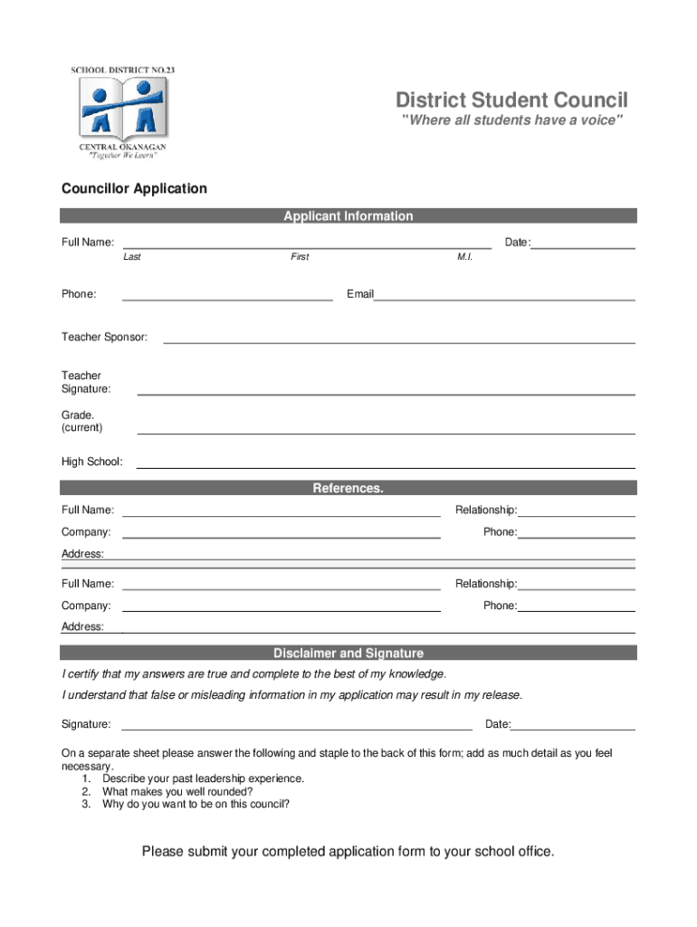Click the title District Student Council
click(511, 100)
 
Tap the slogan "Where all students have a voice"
click(512, 121)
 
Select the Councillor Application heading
click(134, 188)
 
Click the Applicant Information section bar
click(348, 215)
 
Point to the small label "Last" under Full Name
click(132, 257)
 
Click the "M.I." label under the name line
click(465, 257)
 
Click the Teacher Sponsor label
click(104, 337)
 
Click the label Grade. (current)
click(81, 421)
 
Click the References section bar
click(348, 488)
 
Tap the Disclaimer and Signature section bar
click(348, 653)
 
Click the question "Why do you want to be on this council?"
click(196, 804)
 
